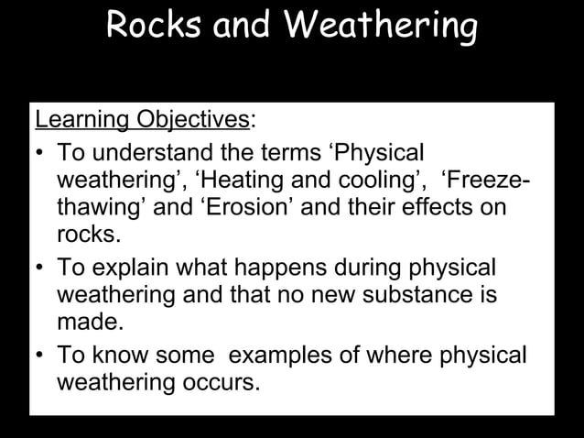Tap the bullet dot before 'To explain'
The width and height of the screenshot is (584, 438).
[41, 267]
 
